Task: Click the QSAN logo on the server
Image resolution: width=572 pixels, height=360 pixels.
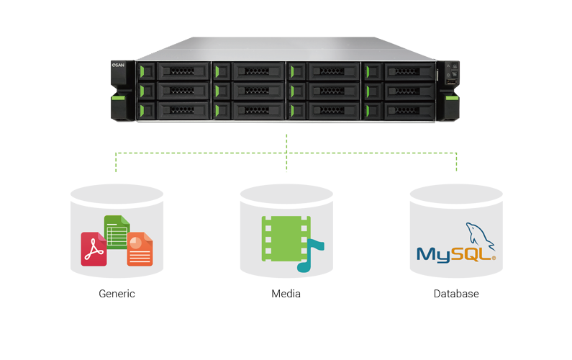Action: point(119,65)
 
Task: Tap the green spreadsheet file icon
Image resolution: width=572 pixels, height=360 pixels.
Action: point(117,230)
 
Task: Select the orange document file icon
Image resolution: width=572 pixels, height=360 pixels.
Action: point(140,249)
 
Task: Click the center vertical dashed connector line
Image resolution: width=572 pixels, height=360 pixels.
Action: point(286,153)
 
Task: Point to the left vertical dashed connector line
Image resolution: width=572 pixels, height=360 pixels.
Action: point(117,163)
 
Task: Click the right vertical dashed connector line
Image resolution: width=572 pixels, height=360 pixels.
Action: point(456,163)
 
